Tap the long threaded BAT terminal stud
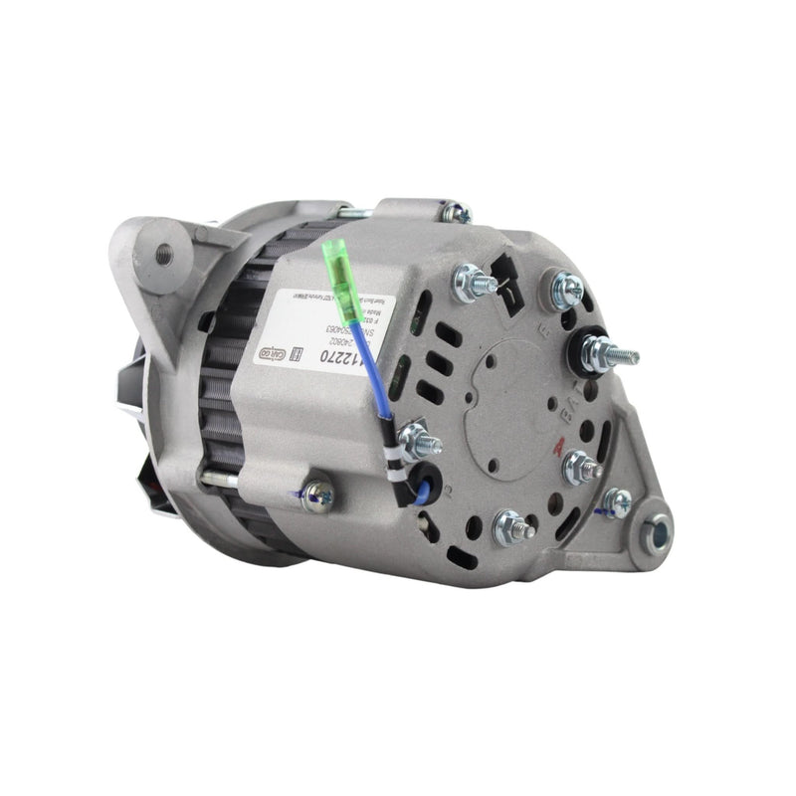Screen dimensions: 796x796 610,355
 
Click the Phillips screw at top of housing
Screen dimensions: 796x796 457,212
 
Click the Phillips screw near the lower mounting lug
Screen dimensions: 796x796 617,503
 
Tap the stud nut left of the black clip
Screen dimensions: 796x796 472,283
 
